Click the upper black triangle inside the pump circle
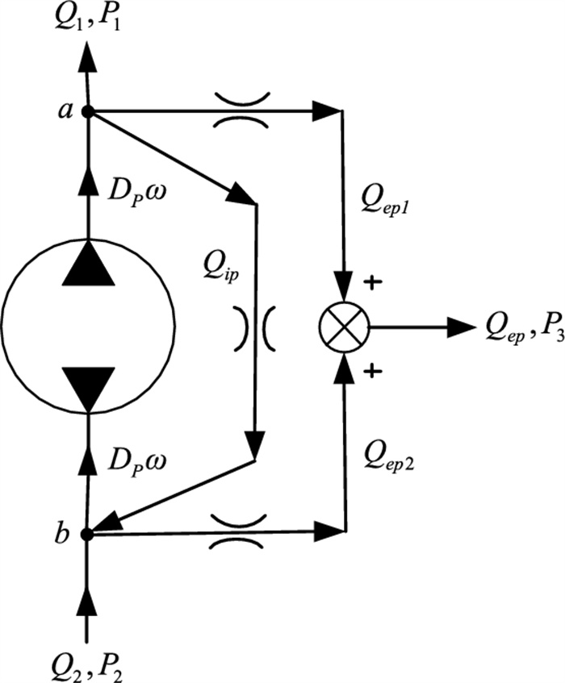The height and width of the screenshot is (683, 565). [89, 262]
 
